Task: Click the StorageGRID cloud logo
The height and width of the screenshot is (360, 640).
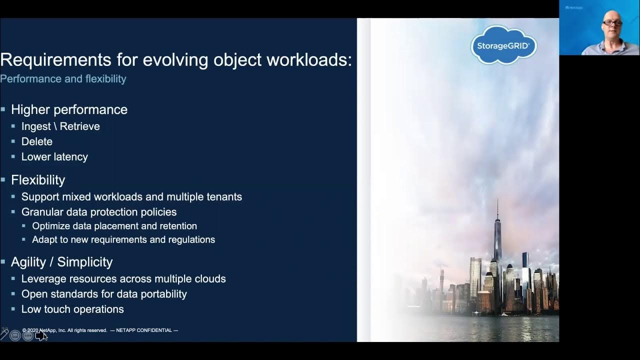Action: [x=503, y=45]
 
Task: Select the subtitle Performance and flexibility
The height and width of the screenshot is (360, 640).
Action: [x=63, y=79]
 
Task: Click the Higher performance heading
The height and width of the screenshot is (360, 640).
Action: [x=69, y=109]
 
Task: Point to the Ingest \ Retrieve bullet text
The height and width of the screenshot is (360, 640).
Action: [x=60, y=126]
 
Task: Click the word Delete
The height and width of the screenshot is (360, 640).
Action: [x=36, y=141]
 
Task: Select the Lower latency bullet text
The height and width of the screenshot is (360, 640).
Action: [x=54, y=156]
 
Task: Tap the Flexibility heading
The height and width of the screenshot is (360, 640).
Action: [x=38, y=180]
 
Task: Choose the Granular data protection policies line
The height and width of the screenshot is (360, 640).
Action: [x=99, y=212]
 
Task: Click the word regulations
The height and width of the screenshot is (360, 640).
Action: [x=192, y=239]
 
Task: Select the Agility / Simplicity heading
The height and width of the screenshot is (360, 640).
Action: [x=61, y=262]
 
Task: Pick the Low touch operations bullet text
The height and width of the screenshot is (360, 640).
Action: [x=72, y=309]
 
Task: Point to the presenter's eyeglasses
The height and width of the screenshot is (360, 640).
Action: [x=612, y=23]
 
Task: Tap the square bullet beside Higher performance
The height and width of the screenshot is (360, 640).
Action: [x=3, y=109]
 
